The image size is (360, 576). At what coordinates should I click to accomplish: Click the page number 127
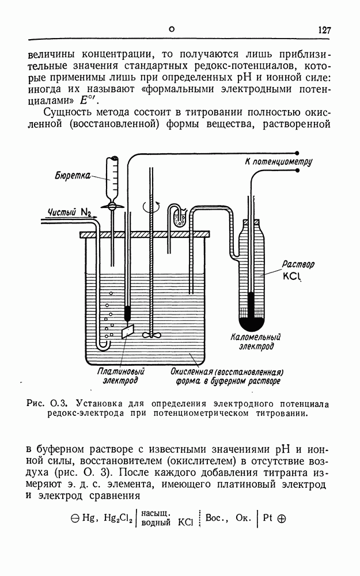(324, 31)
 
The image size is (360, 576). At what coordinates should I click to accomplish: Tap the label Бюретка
(72, 175)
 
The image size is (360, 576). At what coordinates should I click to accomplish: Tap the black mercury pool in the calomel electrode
(251, 323)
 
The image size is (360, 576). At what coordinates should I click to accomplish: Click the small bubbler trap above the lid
(178, 217)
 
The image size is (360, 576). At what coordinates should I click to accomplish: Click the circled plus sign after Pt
(282, 517)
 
